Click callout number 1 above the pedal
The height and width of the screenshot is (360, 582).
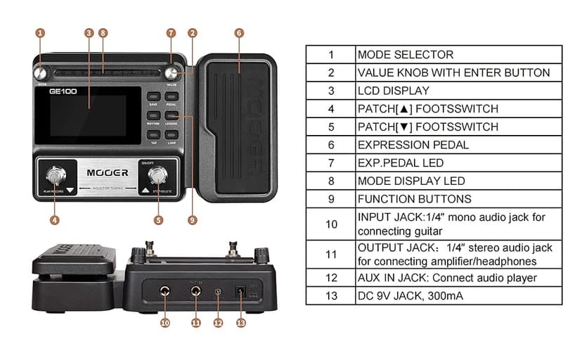(40, 32)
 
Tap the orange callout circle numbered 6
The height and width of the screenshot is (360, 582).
(239, 32)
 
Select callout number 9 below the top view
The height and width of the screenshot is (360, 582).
(192, 219)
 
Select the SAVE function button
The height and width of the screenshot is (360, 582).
(153, 98)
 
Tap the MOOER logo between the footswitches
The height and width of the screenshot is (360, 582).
(108, 172)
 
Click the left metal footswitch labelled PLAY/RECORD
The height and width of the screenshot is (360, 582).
(55, 176)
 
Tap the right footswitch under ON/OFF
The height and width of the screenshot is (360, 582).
(160, 176)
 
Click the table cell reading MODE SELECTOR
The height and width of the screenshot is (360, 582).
(458, 54)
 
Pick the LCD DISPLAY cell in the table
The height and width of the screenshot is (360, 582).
(458, 91)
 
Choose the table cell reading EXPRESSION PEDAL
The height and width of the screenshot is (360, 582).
(458, 145)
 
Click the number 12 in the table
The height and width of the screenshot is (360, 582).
(330, 278)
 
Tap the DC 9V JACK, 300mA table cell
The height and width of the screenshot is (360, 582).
(458, 296)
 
